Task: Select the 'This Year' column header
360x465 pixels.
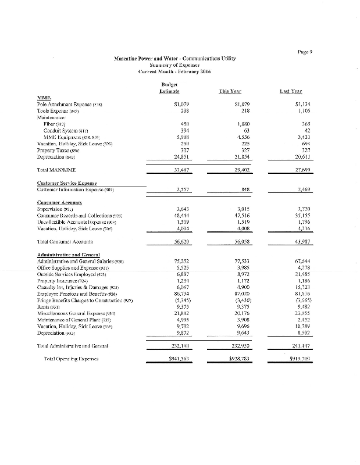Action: pos(230,91)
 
